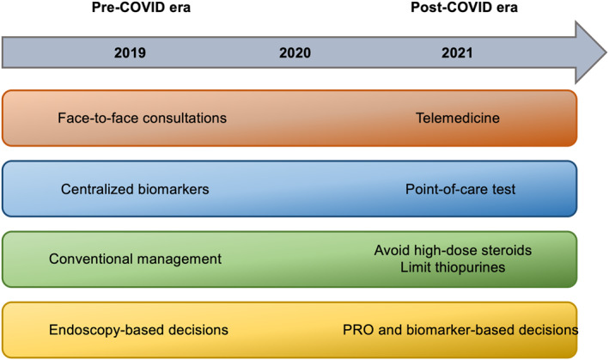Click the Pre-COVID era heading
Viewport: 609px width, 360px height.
[x=141, y=8]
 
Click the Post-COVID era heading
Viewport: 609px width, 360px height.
[x=464, y=8]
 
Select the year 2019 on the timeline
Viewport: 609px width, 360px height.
[x=130, y=52]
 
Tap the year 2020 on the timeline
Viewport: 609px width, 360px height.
[x=295, y=52]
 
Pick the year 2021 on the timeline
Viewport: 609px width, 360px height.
[x=457, y=52]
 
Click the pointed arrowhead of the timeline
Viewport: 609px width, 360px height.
[x=606, y=52]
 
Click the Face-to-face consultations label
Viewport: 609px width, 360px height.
[x=142, y=118]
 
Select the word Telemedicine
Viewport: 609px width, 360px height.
[x=458, y=118]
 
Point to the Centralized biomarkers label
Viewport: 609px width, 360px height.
[x=135, y=189]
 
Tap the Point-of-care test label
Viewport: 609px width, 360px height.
[x=460, y=189]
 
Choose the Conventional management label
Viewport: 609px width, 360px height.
[x=135, y=259]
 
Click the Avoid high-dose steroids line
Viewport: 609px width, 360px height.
[x=453, y=251]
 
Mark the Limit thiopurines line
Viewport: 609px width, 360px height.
[x=453, y=267]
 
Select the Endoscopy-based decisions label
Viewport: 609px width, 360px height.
[x=138, y=330]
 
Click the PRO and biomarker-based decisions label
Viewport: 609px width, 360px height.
[x=460, y=330]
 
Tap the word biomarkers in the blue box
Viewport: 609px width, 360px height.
[x=174, y=189]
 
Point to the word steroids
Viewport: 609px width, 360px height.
[x=507, y=251]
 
